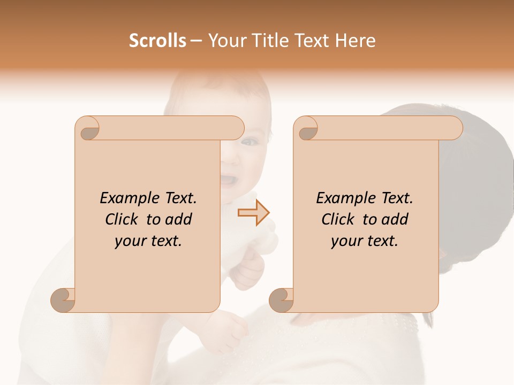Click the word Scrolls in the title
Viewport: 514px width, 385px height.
(x=157, y=41)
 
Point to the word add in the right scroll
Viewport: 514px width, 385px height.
(x=395, y=219)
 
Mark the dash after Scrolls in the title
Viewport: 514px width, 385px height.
(x=196, y=41)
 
